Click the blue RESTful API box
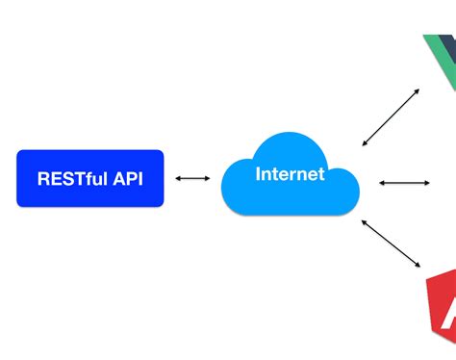pyautogui.click(x=89, y=178)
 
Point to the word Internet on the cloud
pyautogui.click(x=290, y=174)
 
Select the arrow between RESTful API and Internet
pyautogui.click(x=191, y=178)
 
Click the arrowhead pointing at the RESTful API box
pyautogui.click(x=178, y=178)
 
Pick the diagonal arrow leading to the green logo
pyautogui.click(x=391, y=117)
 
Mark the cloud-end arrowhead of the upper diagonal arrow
pyautogui.click(x=365, y=143)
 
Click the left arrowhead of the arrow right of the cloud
pyautogui.click(x=381, y=182)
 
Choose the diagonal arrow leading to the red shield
pyautogui.click(x=392, y=243)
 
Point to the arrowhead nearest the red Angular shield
pyautogui.click(x=418, y=265)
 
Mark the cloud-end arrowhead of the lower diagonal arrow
pyautogui.click(x=365, y=221)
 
